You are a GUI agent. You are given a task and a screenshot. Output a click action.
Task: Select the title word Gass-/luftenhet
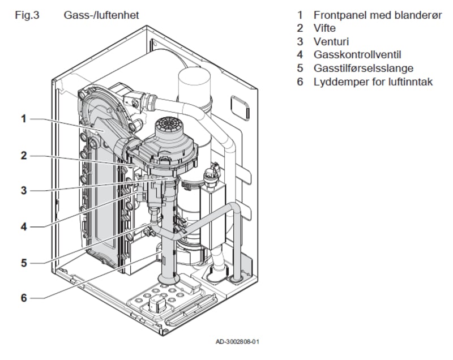click(101, 14)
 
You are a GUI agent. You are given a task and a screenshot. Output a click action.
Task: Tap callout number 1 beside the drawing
click(24, 119)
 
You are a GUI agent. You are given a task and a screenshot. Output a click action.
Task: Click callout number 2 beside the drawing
click(24, 155)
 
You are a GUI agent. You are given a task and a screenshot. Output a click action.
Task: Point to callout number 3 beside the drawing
click(24, 190)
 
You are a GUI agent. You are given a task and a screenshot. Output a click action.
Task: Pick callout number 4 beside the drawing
click(24, 226)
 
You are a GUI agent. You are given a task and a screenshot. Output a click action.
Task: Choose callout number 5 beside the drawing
click(24, 262)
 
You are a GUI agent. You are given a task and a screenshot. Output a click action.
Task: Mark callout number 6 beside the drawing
click(24, 298)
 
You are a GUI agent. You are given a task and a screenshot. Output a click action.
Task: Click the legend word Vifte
click(324, 28)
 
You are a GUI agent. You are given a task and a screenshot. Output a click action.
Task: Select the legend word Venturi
click(331, 41)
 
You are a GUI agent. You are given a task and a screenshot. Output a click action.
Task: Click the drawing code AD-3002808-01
click(238, 342)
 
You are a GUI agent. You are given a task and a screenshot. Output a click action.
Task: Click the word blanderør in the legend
click(417, 14)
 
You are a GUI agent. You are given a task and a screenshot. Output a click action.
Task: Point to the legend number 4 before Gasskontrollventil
click(301, 55)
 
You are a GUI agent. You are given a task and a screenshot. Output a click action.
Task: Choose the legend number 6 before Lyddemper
click(301, 82)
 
